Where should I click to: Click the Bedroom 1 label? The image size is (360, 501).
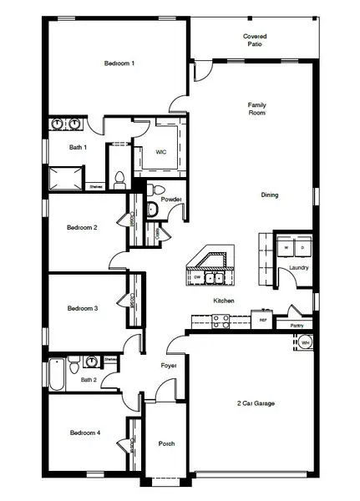[119, 63]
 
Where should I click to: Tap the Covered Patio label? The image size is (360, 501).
[255, 40]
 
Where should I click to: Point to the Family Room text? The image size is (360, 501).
[256, 109]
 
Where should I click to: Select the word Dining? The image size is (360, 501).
[269, 195]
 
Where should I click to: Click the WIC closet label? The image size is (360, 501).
[161, 152]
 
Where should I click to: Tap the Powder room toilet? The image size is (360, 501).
[151, 210]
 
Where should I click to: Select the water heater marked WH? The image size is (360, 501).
[306, 342]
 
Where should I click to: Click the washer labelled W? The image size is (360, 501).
[287, 248]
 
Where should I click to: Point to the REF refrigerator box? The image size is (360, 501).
[262, 319]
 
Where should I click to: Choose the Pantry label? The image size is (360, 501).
[295, 326]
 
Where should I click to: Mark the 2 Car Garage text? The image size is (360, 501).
[254, 403]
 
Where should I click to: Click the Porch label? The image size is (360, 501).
[166, 443]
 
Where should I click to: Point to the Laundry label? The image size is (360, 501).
[299, 268]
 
